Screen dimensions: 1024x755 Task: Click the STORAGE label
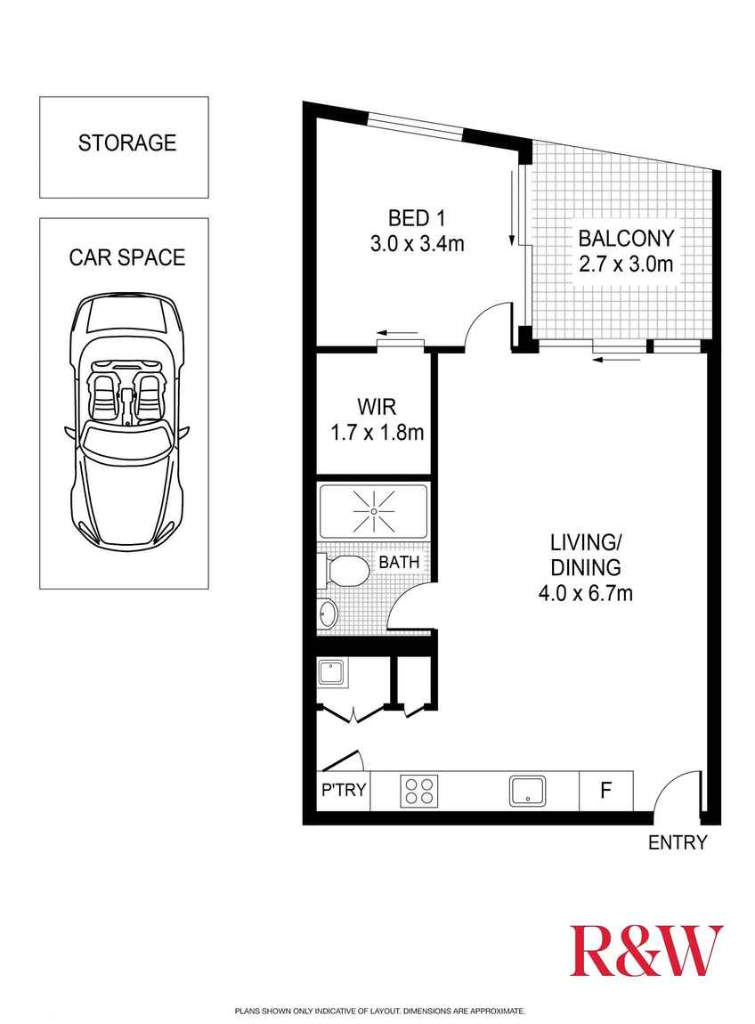(127, 142)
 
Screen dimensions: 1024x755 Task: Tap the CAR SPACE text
(127, 257)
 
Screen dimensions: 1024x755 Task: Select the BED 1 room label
(416, 217)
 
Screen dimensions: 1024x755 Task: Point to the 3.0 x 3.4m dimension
(417, 243)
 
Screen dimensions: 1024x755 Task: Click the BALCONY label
(627, 239)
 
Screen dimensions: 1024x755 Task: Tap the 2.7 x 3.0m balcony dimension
(627, 264)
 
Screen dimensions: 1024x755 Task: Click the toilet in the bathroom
(347, 571)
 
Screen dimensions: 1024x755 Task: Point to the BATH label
(399, 563)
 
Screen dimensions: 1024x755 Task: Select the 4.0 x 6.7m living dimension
(584, 593)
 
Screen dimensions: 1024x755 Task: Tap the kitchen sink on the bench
(528, 790)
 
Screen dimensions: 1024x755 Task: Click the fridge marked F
(606, 791)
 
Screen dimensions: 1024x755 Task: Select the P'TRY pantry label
(344, 791)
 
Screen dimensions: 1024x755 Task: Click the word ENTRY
(678, 842)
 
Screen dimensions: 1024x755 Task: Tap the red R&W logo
(646, 951)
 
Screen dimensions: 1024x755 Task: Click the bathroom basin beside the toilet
(328, 613)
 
